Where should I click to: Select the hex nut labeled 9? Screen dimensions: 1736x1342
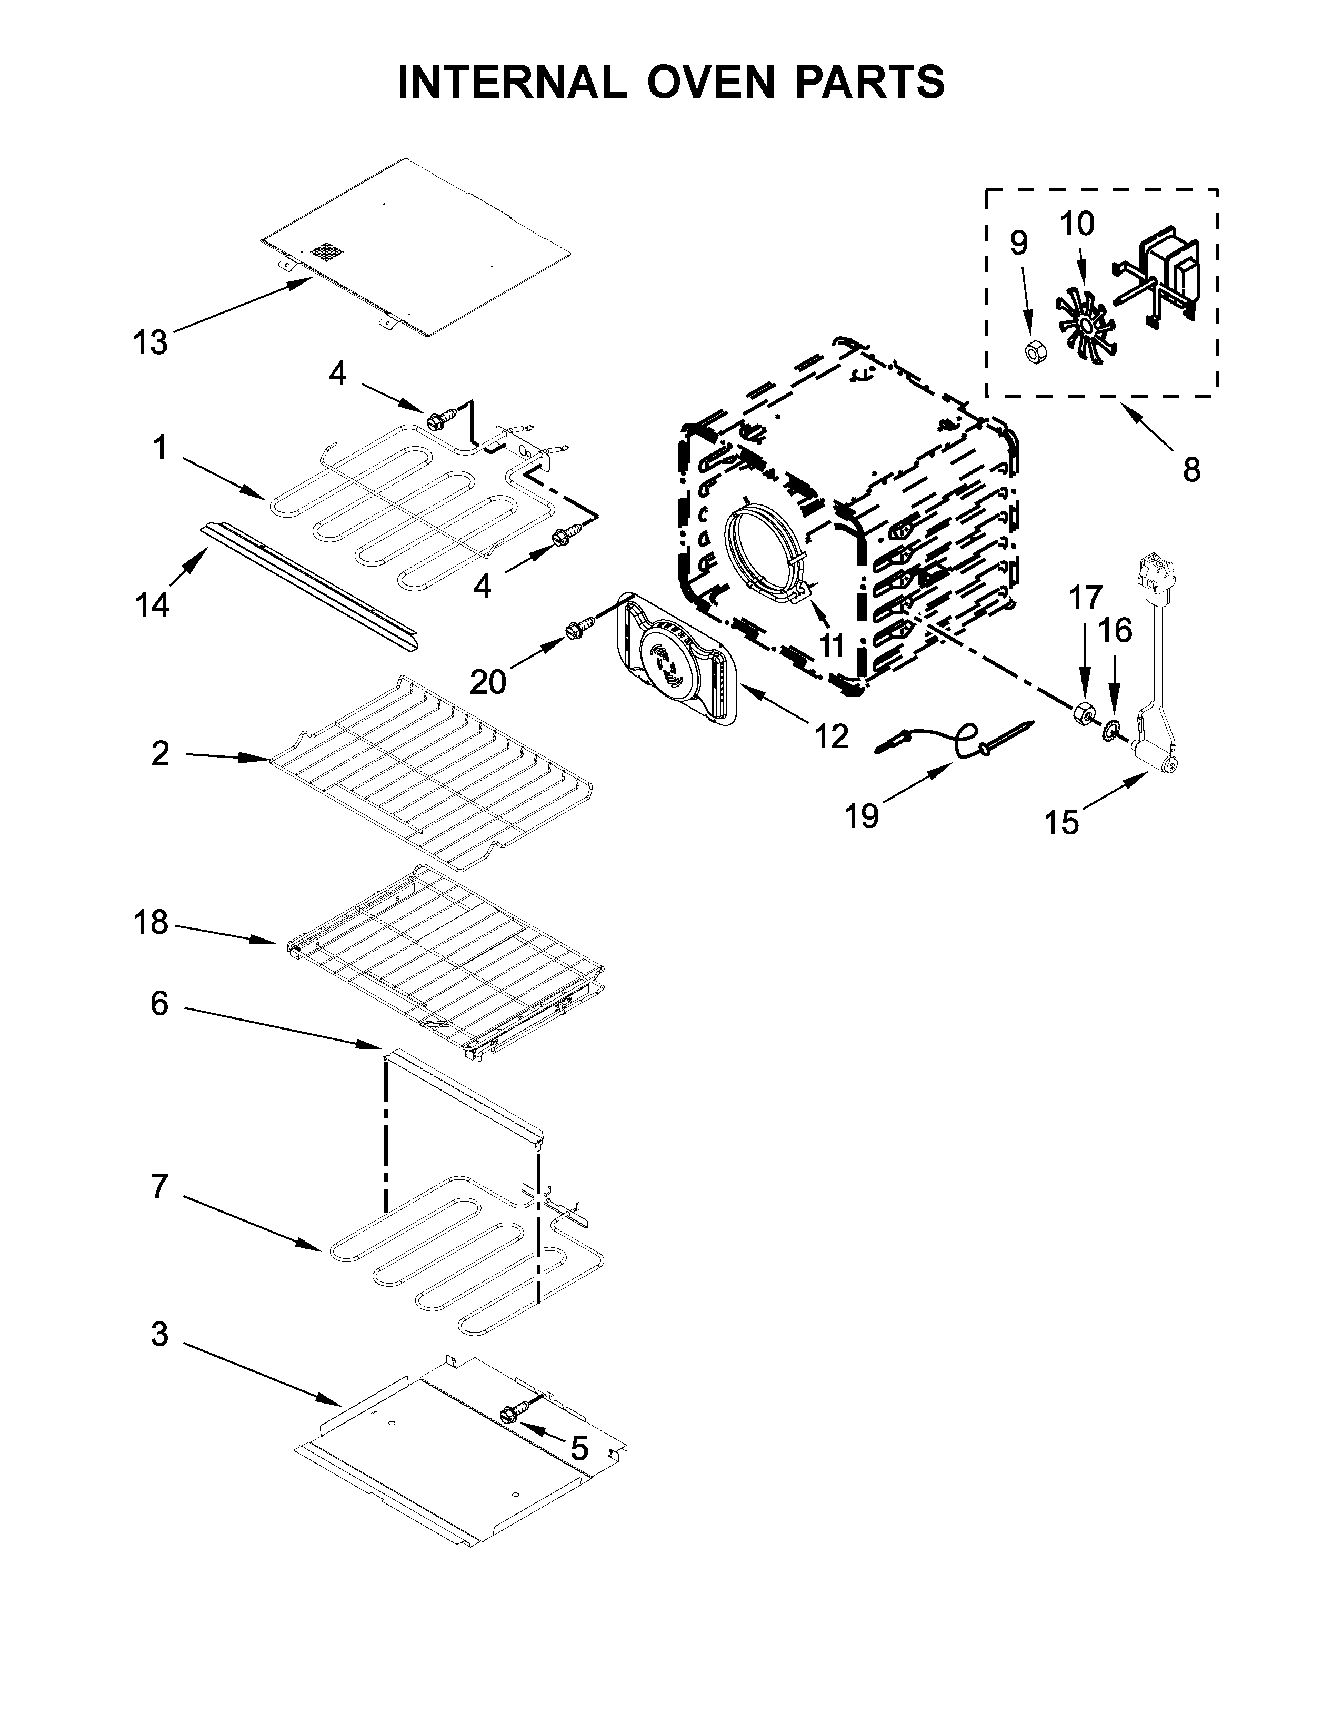[x=1034, y=350]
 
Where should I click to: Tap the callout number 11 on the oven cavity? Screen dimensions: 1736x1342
[x=832, y=644]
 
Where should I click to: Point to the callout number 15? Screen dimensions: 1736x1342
[x=1061, y=822]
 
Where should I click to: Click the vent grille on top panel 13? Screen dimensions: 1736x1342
[x=327, y=253]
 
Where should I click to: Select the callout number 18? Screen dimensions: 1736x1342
[x=151, y=922]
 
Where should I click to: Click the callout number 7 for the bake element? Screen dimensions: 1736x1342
[x=159, y=1187]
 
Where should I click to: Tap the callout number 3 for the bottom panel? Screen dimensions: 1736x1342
[x=159, y=1334]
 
